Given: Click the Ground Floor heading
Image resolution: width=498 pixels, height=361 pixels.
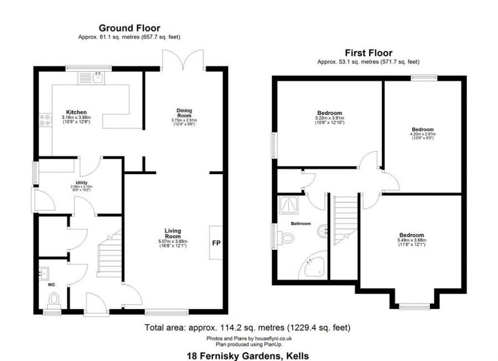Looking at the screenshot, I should click(x=129, y=28).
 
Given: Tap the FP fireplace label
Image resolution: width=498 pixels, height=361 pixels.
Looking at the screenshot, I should click(x=216, y=242).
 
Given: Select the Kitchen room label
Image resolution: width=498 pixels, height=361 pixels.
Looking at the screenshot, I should click(x=76, y=112).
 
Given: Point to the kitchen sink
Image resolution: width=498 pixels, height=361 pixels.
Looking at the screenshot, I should click(x=98, y=77).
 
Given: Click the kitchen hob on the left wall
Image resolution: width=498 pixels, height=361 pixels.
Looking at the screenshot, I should click(x=42, y=120).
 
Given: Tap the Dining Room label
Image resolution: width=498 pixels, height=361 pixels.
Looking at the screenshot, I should click(x=184, y=113).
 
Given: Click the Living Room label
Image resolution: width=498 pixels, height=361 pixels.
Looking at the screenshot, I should click(x=173, y=233).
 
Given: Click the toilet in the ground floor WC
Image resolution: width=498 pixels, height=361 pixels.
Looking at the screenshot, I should click(x=54, y=299).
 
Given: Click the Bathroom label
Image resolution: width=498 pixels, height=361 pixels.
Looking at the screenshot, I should click(x=301, y=224).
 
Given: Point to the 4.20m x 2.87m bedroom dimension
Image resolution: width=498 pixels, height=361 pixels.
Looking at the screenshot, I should click(x=422, y=134).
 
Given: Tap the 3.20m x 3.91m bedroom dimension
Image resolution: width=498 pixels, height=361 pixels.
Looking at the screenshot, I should click(x=330, y=118).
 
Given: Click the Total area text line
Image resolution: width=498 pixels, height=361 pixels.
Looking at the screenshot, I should click(x=247, y=327).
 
